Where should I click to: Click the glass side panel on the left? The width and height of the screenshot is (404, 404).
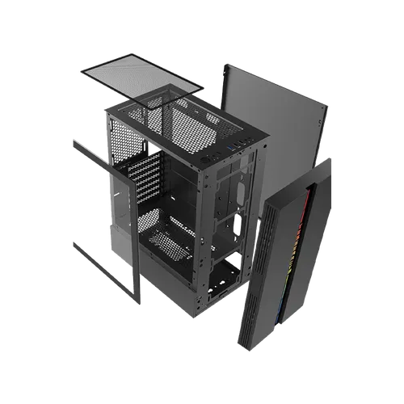coord(105,210)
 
